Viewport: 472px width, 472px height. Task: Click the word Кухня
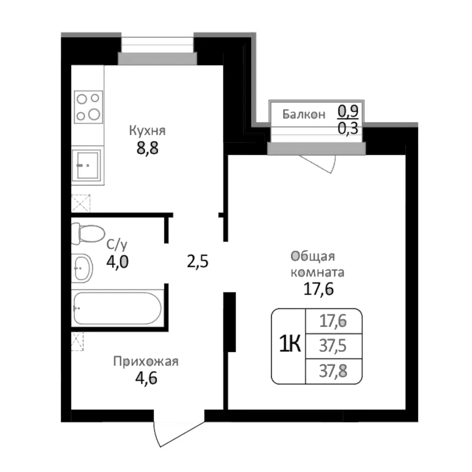click(x=147, y=131)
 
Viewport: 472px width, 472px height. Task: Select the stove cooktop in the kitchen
click(x=88, y=107)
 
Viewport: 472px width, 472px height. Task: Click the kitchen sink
click(x=87, y=165)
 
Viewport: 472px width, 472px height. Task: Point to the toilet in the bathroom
click(x=88, y=233)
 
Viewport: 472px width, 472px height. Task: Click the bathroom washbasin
click(x=82, y=268)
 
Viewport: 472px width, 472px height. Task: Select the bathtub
click(x=117, y=308)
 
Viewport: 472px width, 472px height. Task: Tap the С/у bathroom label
click(x=117, y=245)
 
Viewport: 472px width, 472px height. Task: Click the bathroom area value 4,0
click(x=117, y=262)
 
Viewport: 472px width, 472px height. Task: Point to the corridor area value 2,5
click(x=197, y=262)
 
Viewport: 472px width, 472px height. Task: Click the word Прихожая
click(x=146, y=362)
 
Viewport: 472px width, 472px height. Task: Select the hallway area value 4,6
click(x=146, y=378)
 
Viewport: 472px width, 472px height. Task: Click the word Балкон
click(x=304, y=115)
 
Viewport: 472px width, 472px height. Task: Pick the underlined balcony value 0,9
click(x=348, y=111)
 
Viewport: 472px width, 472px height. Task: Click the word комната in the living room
click(x=317, y=273)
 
